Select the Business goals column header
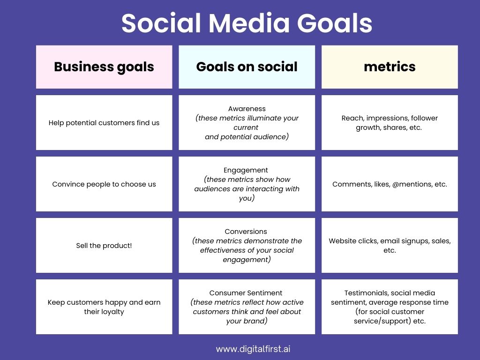[x=104, y=67]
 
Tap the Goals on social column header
[x=247, y=67]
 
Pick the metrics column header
[x=390, y=67]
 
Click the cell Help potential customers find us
[x=104, y=123]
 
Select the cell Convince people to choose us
[x=104, y=184]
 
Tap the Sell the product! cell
[x=104, y=245]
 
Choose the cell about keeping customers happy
[x=104, y=307]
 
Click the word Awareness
[x=247, y=109]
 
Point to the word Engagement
[x=247, y=170]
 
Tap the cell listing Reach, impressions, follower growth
[x=390, y=123]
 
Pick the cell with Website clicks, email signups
[x=390, y=245]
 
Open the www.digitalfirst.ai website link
[x=256, y=349]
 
